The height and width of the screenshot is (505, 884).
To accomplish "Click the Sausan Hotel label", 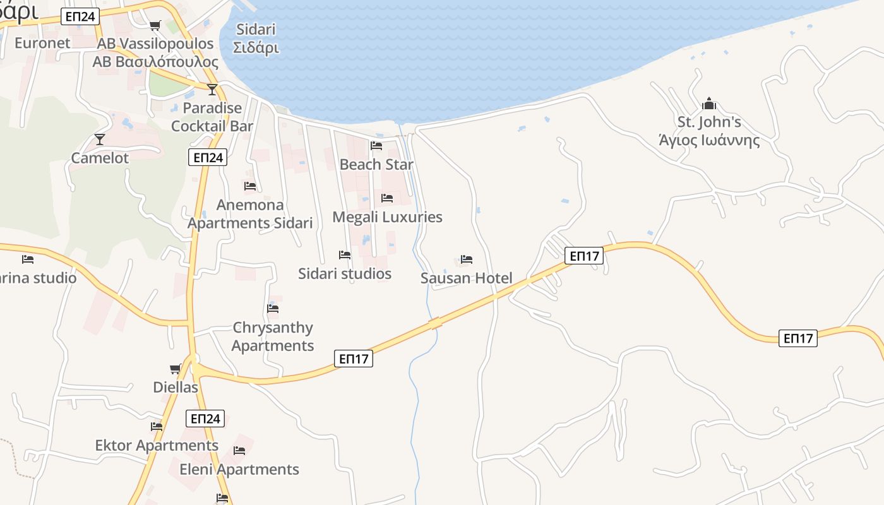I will tap(466, 278).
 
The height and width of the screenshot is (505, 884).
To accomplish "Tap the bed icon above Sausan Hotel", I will tap(467, 259).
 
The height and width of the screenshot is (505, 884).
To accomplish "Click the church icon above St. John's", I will tap(709, 104).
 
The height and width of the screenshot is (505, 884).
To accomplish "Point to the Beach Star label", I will tap(376, 164).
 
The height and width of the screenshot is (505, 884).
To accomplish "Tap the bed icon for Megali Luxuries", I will tap(387, 198).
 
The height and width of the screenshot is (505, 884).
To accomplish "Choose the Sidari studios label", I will tap(345, 273).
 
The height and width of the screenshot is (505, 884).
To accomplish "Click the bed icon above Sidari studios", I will tap(345, 255).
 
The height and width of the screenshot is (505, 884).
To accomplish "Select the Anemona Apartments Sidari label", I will tap(250, 214).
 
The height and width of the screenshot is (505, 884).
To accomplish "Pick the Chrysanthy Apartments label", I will tap(273, 336).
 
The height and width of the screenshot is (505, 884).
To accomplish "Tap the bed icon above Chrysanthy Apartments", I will tap(273, 309).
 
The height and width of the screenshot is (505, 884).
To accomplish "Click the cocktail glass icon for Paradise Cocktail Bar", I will tap(212, 89).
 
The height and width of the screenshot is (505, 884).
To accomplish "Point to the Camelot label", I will tap(100, 158).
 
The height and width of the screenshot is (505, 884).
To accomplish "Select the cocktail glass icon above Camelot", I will tap(99, 139).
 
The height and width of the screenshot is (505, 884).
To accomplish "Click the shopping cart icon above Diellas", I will tap(175, 369).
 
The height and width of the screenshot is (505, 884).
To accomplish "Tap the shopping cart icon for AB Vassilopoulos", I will tap(155, 25).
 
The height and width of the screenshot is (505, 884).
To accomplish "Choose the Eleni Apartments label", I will tap(239, 469).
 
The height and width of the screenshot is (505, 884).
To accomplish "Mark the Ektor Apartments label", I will tap(157, 445).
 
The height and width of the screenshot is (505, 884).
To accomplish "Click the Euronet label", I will tap(42, 43).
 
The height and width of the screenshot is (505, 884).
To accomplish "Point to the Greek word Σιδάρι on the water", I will tap(256, 48).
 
